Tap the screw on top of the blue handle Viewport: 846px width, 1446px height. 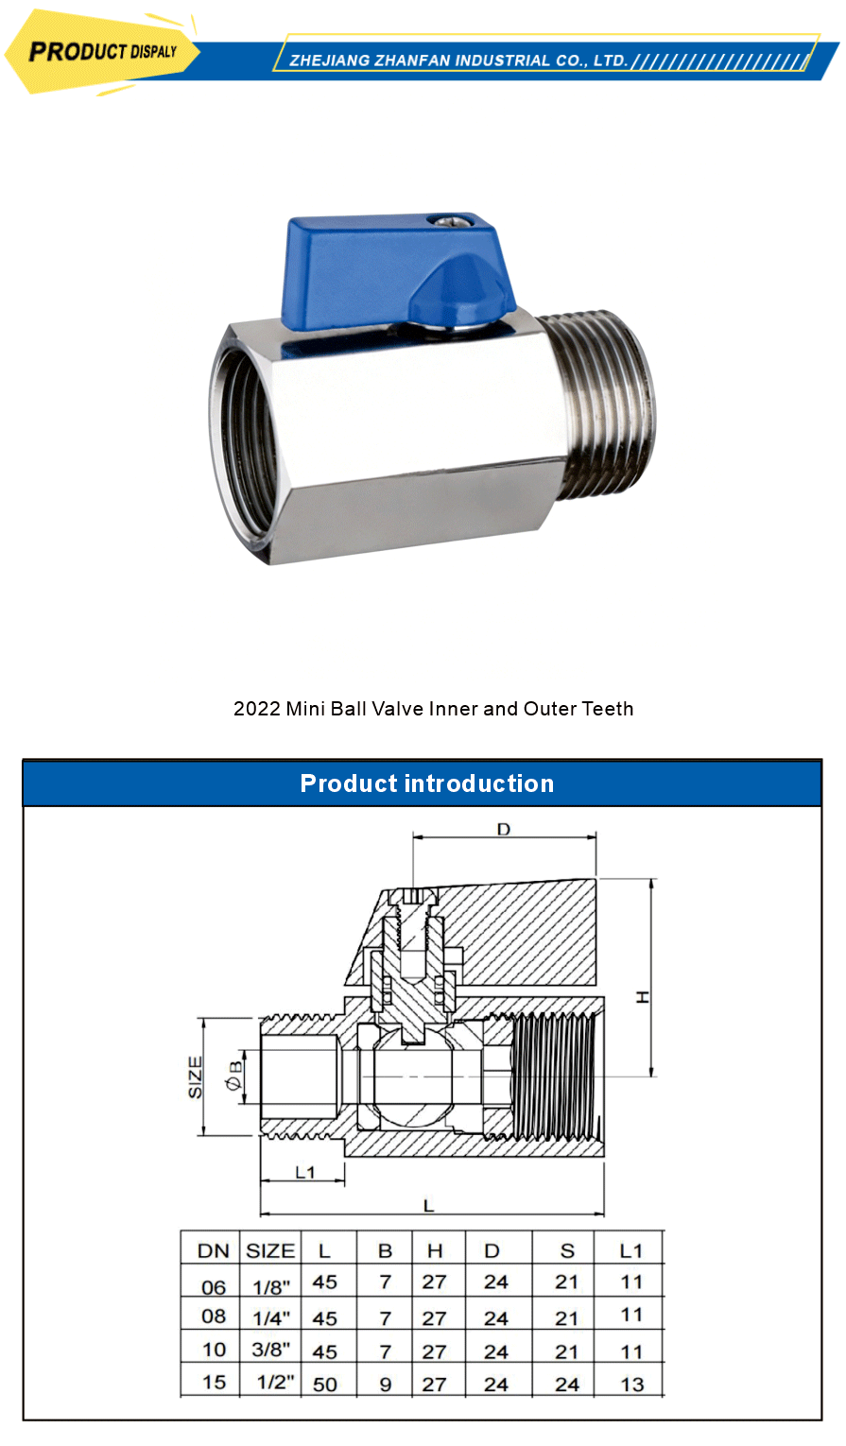point(444,222)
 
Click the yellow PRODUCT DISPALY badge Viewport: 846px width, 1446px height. point(102,52)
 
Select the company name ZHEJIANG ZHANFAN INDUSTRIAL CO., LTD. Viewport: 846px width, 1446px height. point(458,60)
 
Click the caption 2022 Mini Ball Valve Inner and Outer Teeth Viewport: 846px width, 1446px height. point(433,709)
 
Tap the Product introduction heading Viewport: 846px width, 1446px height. point(426,783)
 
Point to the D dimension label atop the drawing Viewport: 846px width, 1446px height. point(504,830)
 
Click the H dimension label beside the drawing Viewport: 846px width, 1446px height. point(643,996)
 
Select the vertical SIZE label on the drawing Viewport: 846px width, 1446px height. point(196,1077)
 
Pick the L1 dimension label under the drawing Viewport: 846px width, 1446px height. point(304,1173)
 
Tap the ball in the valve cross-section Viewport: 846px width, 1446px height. point(412,1077)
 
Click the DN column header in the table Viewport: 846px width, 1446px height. point(214,1250)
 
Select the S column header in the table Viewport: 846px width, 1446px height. point(567,1250)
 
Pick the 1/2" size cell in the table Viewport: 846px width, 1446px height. point(275,1382)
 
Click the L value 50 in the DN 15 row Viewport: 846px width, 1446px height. point(324,1385)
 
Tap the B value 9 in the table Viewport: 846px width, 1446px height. point(386,1385)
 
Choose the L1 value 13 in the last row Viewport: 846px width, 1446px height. point(631,1385)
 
